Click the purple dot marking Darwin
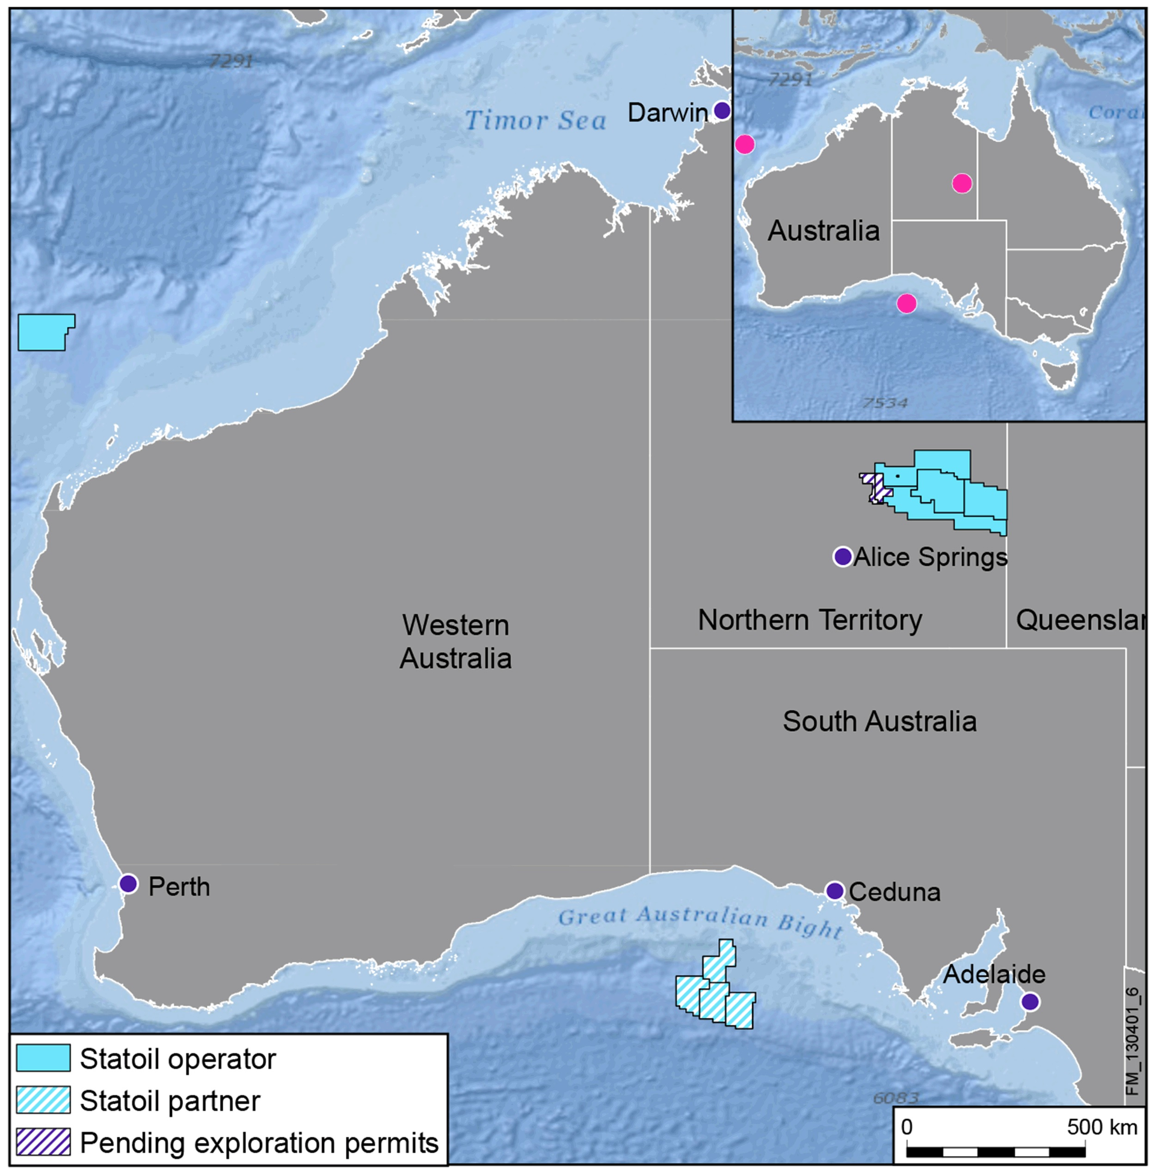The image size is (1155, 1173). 721,111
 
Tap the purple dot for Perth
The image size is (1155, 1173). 129,884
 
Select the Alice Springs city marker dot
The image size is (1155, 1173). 843,556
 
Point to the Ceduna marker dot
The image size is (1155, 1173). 835,890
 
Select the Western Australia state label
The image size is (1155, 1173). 455,642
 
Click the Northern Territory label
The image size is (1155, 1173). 810,619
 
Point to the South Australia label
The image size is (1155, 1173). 879,721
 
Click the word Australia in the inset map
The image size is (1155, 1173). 823,231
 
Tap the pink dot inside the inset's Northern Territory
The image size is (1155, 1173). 961,182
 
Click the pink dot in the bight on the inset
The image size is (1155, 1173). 907,303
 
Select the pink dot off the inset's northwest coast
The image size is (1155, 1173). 744,144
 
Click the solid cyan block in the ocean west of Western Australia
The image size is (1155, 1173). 44,332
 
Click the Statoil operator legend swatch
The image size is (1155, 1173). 43,1058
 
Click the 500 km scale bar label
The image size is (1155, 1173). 1101,1127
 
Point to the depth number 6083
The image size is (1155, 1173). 895,1097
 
